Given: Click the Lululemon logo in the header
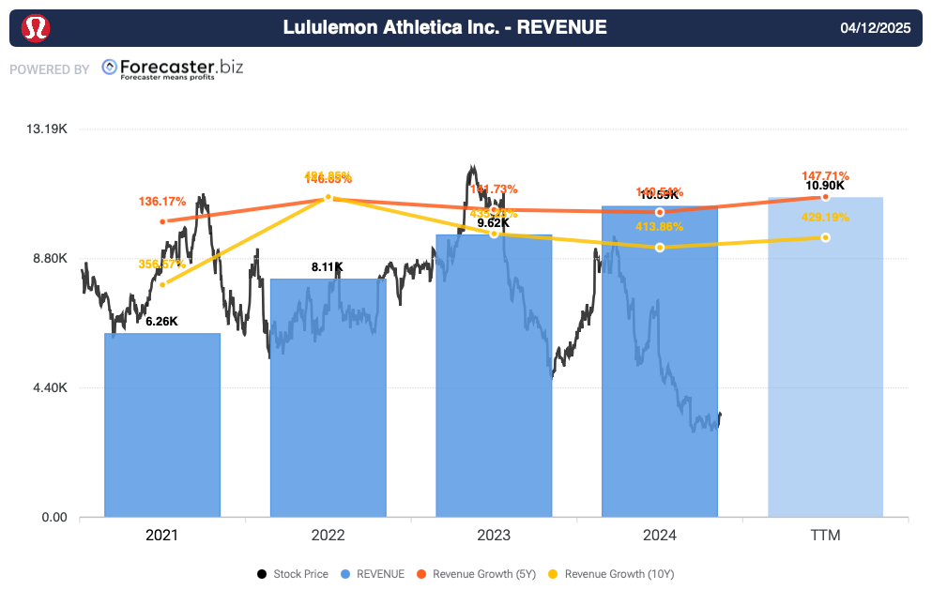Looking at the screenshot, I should (35, 28).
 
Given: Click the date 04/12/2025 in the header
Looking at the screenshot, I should (877, 28).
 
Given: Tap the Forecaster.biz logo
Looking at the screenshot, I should (172, 68).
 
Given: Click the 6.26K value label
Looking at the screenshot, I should (161, 322).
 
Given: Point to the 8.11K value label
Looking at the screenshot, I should (328, 267).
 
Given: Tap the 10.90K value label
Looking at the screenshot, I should (825, 186).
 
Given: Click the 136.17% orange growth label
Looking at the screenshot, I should (162, 201).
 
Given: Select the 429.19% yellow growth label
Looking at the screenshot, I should (826, 218).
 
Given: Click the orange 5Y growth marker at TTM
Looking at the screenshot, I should (826, 196).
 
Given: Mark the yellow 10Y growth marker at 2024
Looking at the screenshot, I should (660, 247).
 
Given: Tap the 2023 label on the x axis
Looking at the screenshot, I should (494, 536).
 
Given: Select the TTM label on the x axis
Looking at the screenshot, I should (826, 536).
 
